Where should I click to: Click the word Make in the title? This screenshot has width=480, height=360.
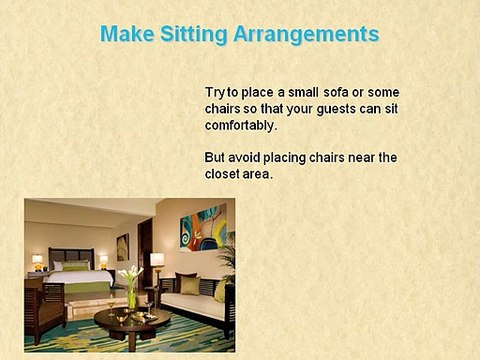(125, 34)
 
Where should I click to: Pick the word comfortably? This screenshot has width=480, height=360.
(240, 127)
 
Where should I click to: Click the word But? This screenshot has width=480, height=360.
(215, 157)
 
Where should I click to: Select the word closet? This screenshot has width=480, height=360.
(225, 174)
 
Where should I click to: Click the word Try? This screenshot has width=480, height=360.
(216, 92)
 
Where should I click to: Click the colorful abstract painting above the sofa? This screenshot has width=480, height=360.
(203, 227)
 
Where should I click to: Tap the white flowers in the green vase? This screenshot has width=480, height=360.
(129, 275)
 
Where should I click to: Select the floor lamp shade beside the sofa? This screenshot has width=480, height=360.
(157, 260)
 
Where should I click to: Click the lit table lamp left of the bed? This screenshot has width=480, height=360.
(38, 260)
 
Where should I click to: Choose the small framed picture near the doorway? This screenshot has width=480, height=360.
(122, 246)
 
